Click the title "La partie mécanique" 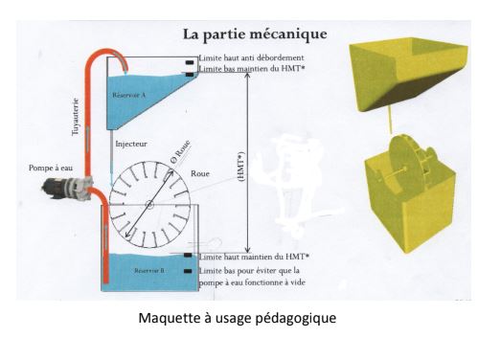(x=255, y=34)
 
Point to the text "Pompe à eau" (x=50, y=168)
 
